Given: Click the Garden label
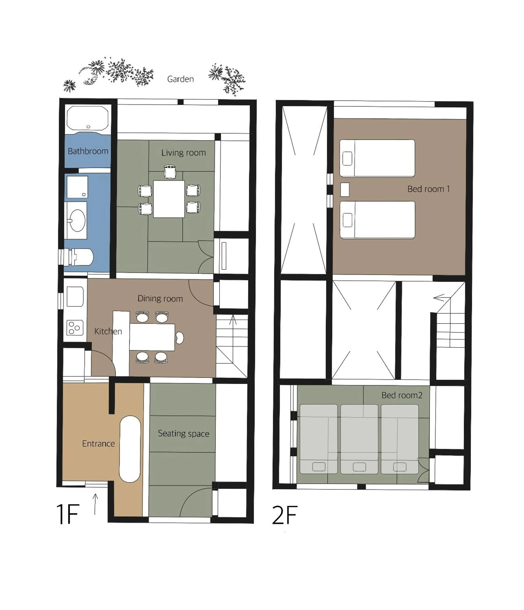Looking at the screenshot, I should [180, 79].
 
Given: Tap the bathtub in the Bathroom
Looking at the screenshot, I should [87, 118].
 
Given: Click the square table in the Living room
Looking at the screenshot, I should [169, 199].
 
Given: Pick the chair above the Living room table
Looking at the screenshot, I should [170, 172].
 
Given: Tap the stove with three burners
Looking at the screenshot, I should [75, 328].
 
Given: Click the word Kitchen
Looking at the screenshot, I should [108, 332].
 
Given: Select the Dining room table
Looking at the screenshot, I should [152, 337].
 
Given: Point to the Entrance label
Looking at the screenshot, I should [98, 444].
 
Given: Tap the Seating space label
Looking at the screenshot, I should [184, 434].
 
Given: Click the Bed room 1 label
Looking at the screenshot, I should [428, 189].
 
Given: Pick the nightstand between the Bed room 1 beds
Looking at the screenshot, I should [345, 190].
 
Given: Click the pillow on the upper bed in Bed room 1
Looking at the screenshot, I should [347, 158].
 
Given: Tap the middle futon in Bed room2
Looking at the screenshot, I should [359, 439].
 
